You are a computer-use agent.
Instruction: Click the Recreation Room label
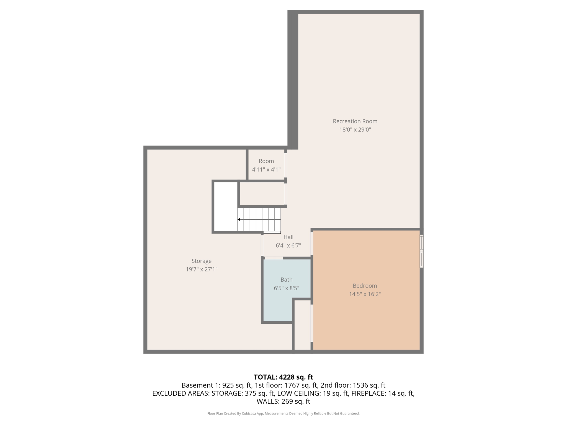pos(355,121)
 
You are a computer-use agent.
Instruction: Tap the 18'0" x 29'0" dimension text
pos(355,129)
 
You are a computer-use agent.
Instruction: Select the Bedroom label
pos(365,286)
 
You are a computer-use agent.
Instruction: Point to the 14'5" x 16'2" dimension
pos(365,294)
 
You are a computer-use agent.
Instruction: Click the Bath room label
pos(286,279)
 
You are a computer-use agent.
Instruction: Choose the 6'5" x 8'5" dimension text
pos(286,288)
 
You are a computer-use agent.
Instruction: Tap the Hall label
pos(288,237)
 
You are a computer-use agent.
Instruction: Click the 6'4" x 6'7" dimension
pos(288,245)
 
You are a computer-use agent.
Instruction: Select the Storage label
pos(202,261)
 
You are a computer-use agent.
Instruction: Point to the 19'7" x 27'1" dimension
pos(202,269)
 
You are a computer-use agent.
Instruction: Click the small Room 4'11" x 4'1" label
pos(266,161)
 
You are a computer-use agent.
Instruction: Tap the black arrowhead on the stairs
pos(239,219)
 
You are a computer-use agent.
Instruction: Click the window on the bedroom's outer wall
pos(421,251)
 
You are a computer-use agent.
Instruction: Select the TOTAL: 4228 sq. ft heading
pos(283,377)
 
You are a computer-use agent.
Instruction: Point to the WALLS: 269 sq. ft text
pos(283,401)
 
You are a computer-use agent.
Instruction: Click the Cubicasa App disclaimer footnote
pos(283,413)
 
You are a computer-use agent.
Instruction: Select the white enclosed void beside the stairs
pos(226,206)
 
